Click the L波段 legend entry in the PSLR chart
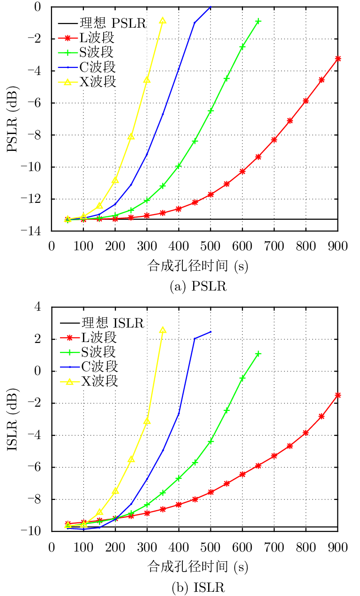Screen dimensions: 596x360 (x=97, y=37)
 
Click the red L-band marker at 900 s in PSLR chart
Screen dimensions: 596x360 (x=338, y=59)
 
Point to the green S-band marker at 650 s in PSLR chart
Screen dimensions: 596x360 (x=258, y=21)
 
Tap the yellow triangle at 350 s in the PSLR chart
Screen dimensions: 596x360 (x=163, y=21)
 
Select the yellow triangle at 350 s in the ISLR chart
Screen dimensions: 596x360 (x=163, y=330)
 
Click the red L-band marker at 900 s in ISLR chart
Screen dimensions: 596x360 (x=338, y=395)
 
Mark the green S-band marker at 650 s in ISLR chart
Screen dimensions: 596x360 (x=258, y=354)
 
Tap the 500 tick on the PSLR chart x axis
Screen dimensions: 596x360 (x=210, y=246)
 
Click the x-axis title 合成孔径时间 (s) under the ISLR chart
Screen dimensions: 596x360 (x=198, y=567)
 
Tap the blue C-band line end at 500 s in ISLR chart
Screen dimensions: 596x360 (x=210, y=332)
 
